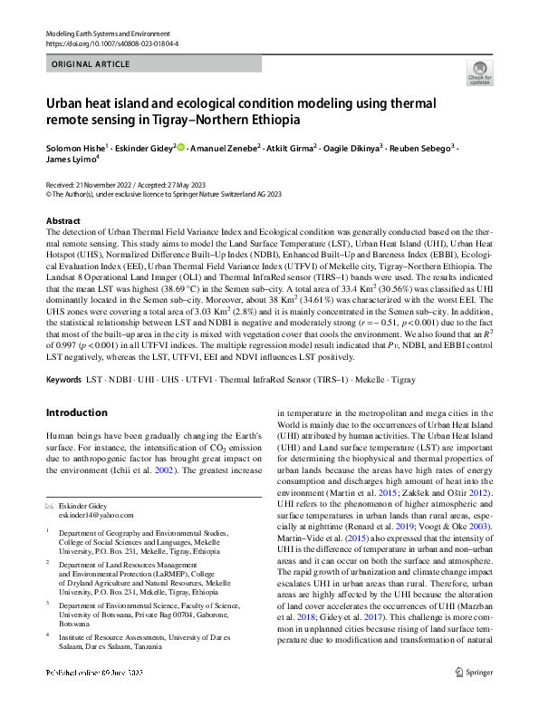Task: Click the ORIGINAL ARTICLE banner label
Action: [x=89, y=65]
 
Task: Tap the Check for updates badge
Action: [x=479, y=73]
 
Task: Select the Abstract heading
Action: [x=63, y=221]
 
